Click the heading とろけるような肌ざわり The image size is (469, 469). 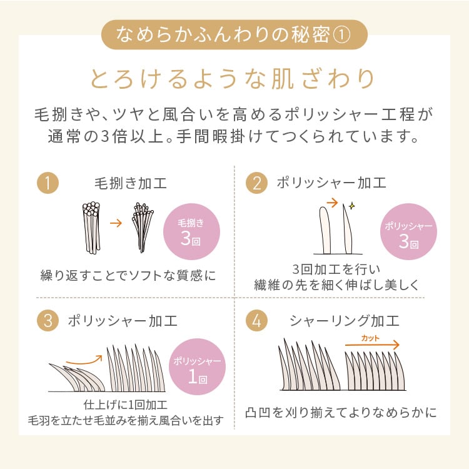(x=234, y=79)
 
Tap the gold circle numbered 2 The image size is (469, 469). (x=256, y=183)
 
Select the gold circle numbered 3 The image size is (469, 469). (x=48, y=321)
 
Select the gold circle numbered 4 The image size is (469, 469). (x=256, y=321)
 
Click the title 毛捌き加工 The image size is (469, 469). (x=130, y=183)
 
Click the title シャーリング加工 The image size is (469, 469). (x=344, y=321)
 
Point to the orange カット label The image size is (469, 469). (x=370, y=338)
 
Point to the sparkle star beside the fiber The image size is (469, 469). (x=351, y=205)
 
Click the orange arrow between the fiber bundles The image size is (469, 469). (x=115, y=222)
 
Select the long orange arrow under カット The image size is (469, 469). (x=371, y=345)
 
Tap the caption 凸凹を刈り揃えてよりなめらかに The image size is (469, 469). (x=341, y=413)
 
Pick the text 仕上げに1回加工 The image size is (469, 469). (x=125, y=404)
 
